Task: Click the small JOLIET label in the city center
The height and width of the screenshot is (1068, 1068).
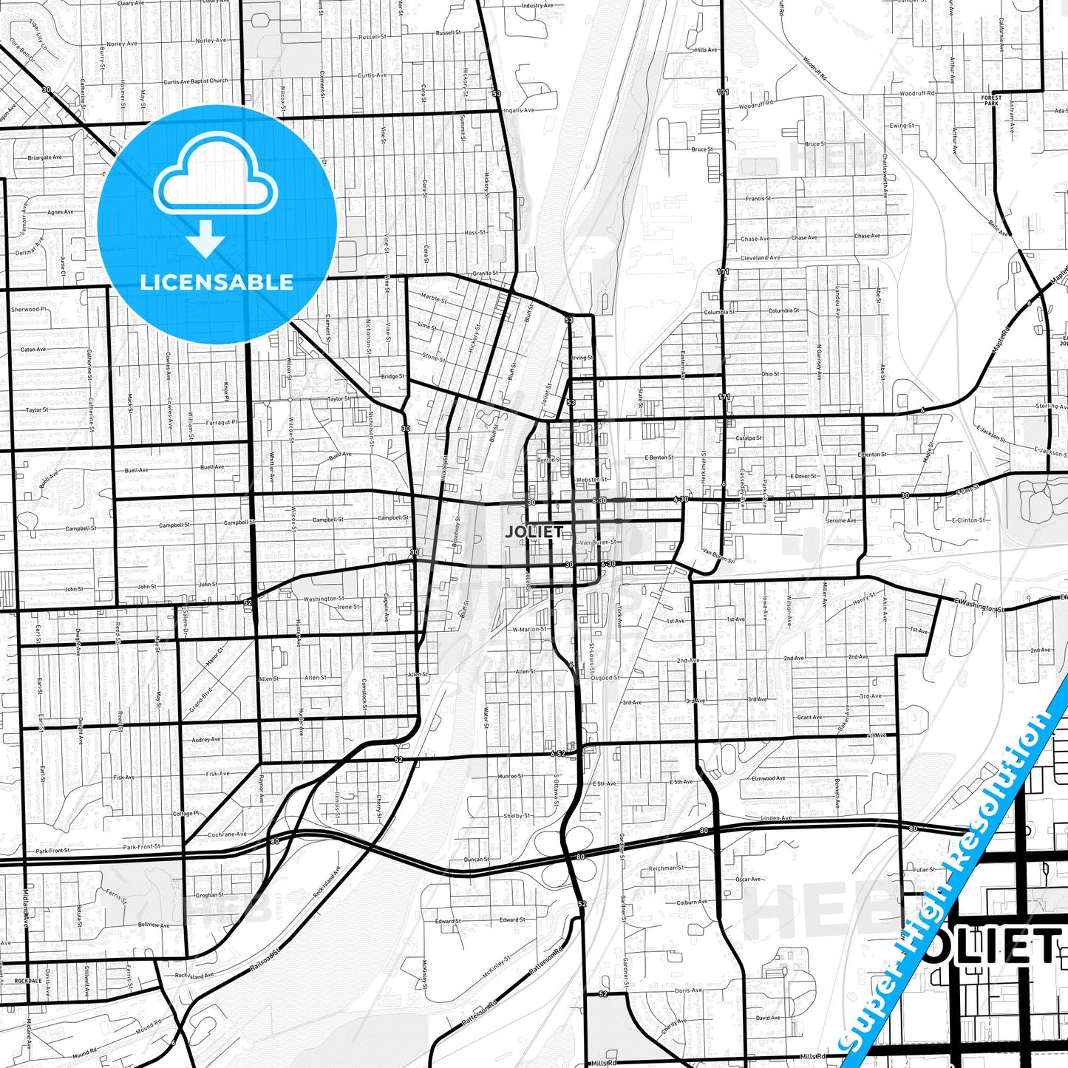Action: [x=534, y=531]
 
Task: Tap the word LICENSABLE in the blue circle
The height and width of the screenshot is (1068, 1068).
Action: [x=217, y=282]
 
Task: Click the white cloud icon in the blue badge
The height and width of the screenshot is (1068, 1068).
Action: [x=215, y=176]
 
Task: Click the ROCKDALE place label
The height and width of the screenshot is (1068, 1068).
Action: [x=29, y=981]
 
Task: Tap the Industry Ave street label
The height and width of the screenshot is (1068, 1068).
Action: [x=537, y=6]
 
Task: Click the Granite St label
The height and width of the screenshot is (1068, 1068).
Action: [x=485, y=273]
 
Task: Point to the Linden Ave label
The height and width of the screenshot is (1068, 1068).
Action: [x=776, y=818]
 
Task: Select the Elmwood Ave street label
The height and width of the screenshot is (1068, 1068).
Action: [x=769, y=778]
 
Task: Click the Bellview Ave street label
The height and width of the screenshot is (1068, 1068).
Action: [x=154, y=925]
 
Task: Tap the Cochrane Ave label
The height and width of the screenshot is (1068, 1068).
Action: [x=227, y=834]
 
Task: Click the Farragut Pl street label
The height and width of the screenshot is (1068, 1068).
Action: [x=222, y=423]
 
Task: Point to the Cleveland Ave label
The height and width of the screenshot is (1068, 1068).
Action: [x=760, y=258]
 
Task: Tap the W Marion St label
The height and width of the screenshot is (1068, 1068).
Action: [x=530, y=630]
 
